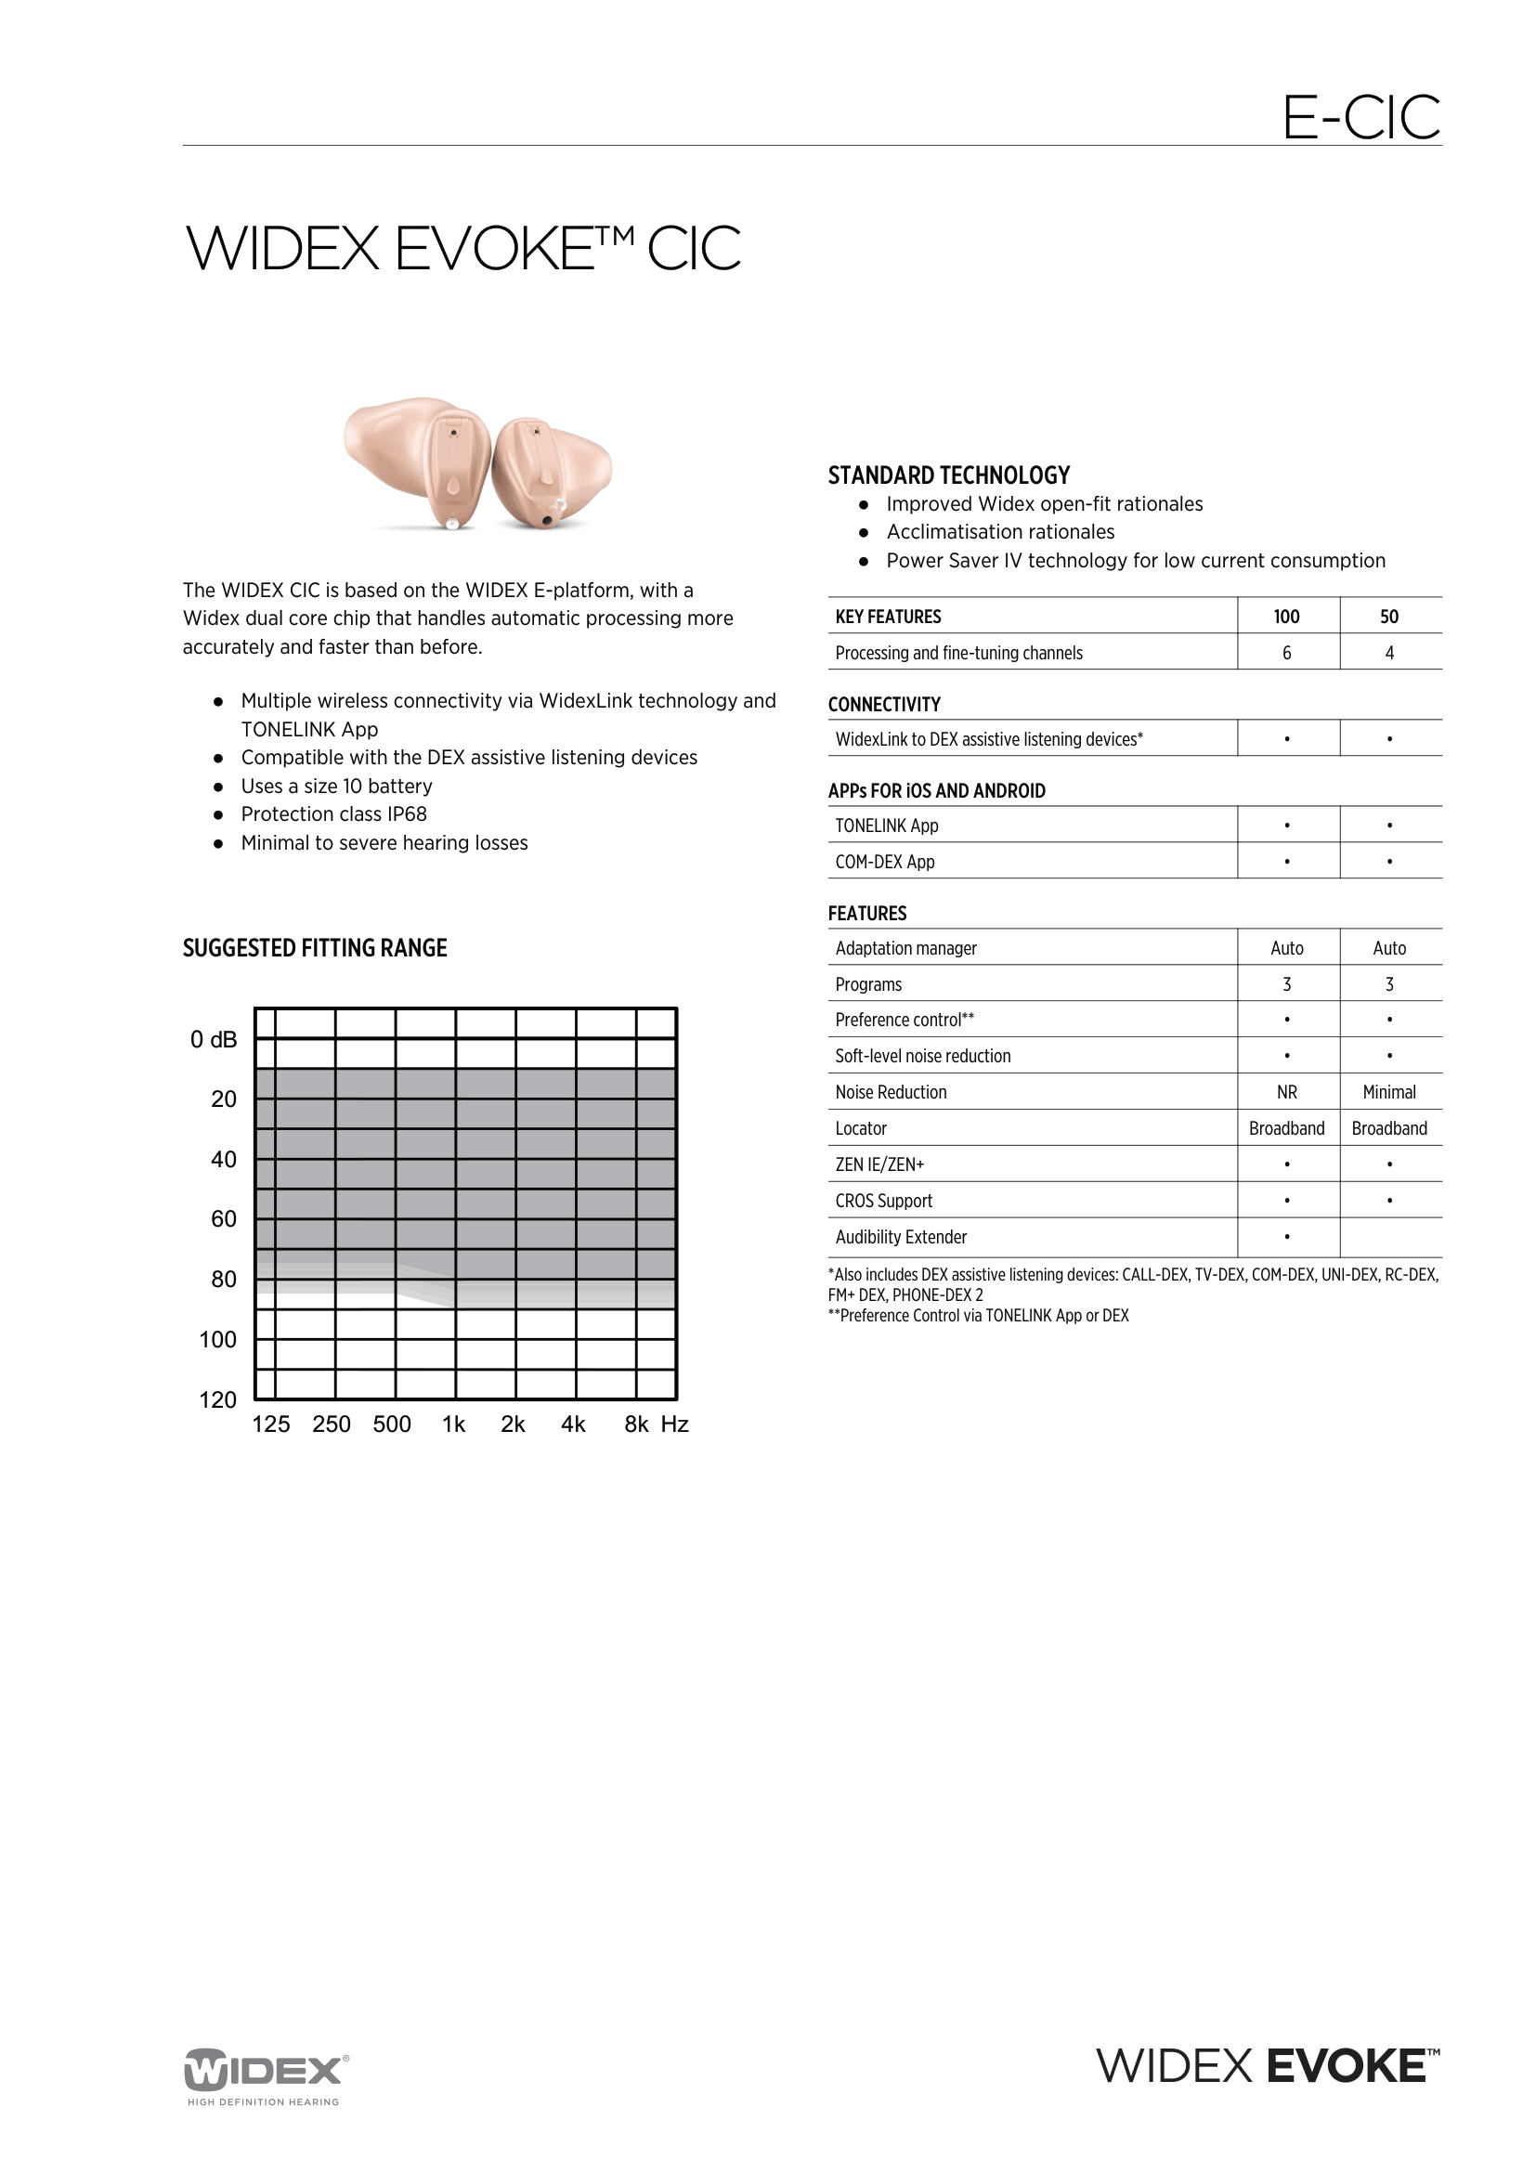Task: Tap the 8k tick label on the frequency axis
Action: click(x=636, y=1424)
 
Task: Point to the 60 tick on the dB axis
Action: click(x=223, y=1219)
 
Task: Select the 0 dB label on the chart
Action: click(x=214, y=1040)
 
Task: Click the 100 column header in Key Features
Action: click(x=1286, y=617)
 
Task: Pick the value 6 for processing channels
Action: click(x=1286, y=653)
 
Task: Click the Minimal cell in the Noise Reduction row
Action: click(x=1388, y=1093)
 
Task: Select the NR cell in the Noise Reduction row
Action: click(x=1286, y=1093)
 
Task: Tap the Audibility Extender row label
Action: click(x=901, y=1237)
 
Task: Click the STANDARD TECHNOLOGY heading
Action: click(x=949, y=475)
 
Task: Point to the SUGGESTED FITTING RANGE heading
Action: click(x=314, y=948)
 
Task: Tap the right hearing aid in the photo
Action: click(x=552, y=472)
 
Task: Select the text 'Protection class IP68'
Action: click(x=334, y=814)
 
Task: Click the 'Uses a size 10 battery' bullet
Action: click(x=337, y=787)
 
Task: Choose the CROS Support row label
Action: click(x=883, y=1202)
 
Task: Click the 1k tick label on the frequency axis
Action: click(x=454, y=1424)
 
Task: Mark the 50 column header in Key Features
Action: click(x=1388, y=617)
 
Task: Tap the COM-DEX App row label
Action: click(x=884, y=862)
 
